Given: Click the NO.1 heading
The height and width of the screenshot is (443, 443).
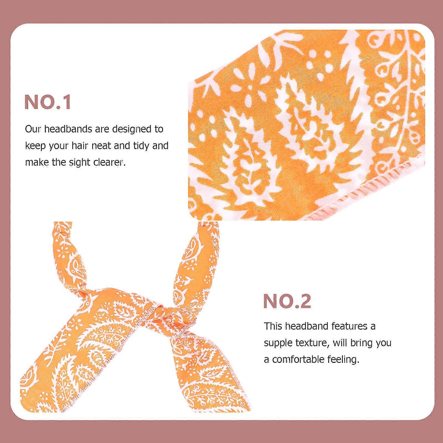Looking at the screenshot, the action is click(x=48, y=102).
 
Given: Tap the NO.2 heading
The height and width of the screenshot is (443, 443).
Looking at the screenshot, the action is click(x=287, y=301).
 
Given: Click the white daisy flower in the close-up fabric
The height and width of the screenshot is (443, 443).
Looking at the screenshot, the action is click(x=251, y=87).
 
